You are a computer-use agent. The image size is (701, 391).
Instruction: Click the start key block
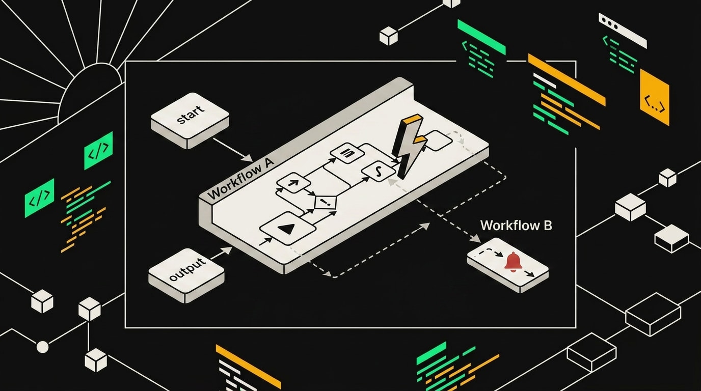coord(190,120)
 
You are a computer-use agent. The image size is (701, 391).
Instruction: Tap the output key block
coord(186,275)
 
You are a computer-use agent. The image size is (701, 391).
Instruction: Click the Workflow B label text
coord(516,226)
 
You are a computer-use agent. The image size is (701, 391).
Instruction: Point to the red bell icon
coord(513,262)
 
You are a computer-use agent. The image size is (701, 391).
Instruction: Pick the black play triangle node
coord(288,229)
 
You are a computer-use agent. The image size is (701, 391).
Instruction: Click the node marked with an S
coord(379,172)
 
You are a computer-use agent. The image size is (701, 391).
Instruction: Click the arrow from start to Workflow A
coord(233,150)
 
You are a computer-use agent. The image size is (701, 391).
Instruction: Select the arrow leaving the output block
coord(221,253)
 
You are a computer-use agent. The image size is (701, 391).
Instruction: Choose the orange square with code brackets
coord(654,97)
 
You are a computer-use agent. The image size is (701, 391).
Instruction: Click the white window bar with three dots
coord(623,31)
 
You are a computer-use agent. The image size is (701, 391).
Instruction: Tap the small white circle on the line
coord(43,347)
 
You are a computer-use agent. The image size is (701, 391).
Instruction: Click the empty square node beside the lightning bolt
coord(438,141)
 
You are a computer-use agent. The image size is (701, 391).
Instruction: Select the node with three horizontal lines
coord(347,153)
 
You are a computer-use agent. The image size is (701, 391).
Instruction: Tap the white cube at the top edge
coord(451,3)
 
